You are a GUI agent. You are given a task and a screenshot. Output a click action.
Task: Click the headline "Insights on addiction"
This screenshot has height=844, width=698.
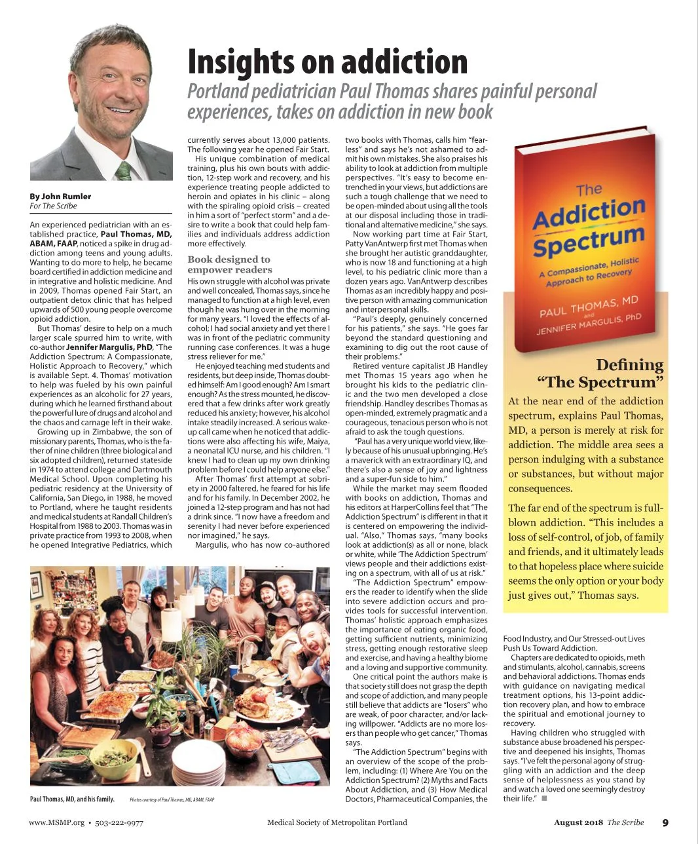[327, 62]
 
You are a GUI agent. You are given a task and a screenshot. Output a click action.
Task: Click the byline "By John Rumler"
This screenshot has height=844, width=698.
[60, 196]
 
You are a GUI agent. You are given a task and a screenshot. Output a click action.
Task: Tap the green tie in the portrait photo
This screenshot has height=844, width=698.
[123, 171]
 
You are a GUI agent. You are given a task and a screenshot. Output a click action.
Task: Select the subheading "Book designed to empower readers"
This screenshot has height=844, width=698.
[229, 265]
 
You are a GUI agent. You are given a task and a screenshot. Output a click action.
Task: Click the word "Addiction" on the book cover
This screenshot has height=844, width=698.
[588, 214]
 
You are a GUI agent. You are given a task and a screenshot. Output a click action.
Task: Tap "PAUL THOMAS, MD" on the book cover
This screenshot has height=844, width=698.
[588, 306]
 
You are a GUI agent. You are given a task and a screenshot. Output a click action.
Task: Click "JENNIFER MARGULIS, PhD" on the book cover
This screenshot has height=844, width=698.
[589, 324]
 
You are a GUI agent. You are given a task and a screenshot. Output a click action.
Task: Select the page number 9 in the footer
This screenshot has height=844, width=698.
[665, 823]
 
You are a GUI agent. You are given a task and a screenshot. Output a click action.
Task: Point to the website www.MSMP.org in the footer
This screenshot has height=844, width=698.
[57, 823]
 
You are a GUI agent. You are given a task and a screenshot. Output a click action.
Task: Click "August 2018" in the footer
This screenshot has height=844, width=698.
[578, 823]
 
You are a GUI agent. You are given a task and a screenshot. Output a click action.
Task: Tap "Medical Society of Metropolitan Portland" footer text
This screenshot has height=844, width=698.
[337, 823]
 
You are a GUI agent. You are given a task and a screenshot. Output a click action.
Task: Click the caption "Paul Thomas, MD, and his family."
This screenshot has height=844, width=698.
[72, 799]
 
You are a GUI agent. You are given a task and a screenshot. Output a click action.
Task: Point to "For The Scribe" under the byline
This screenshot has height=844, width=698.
[53, 206]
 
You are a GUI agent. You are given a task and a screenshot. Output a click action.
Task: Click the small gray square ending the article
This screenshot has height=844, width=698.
[544, 799]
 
